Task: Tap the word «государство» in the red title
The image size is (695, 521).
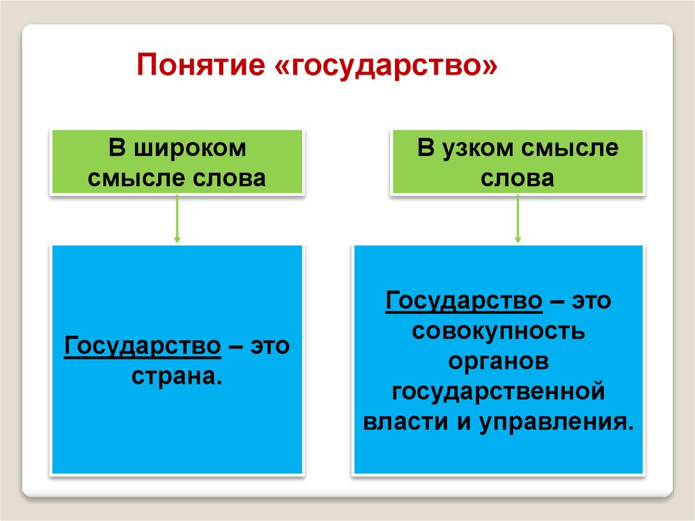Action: pyautogui.click(x=386, y=67)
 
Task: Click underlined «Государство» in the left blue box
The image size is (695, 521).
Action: pyautogui.click(x=143, y=346)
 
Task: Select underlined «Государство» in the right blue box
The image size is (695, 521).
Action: pyautogui.click(x=464, y=300)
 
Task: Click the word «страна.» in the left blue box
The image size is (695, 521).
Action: pyautogui.click(x=177, y=376)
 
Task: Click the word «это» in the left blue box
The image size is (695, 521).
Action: pyautogui.click(x=270, y=346)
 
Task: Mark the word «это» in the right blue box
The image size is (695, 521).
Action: pyautogui.click(x=591, y=300)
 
